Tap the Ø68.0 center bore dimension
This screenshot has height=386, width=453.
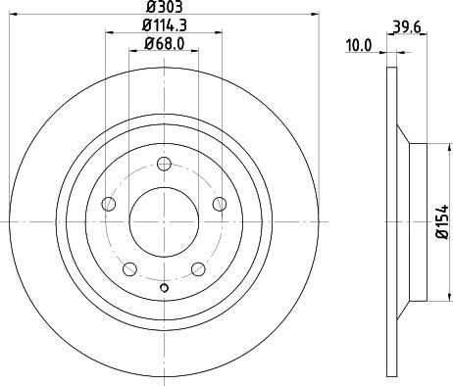[165, 43]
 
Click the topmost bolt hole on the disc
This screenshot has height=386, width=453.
[164, 164]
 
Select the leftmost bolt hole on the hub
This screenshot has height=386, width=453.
[109, 205]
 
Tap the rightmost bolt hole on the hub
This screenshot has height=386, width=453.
[219, 205]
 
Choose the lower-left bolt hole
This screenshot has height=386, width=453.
[129, 268]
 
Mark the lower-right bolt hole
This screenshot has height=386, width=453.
[198, 268]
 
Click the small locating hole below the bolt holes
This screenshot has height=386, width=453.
[164, 288]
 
